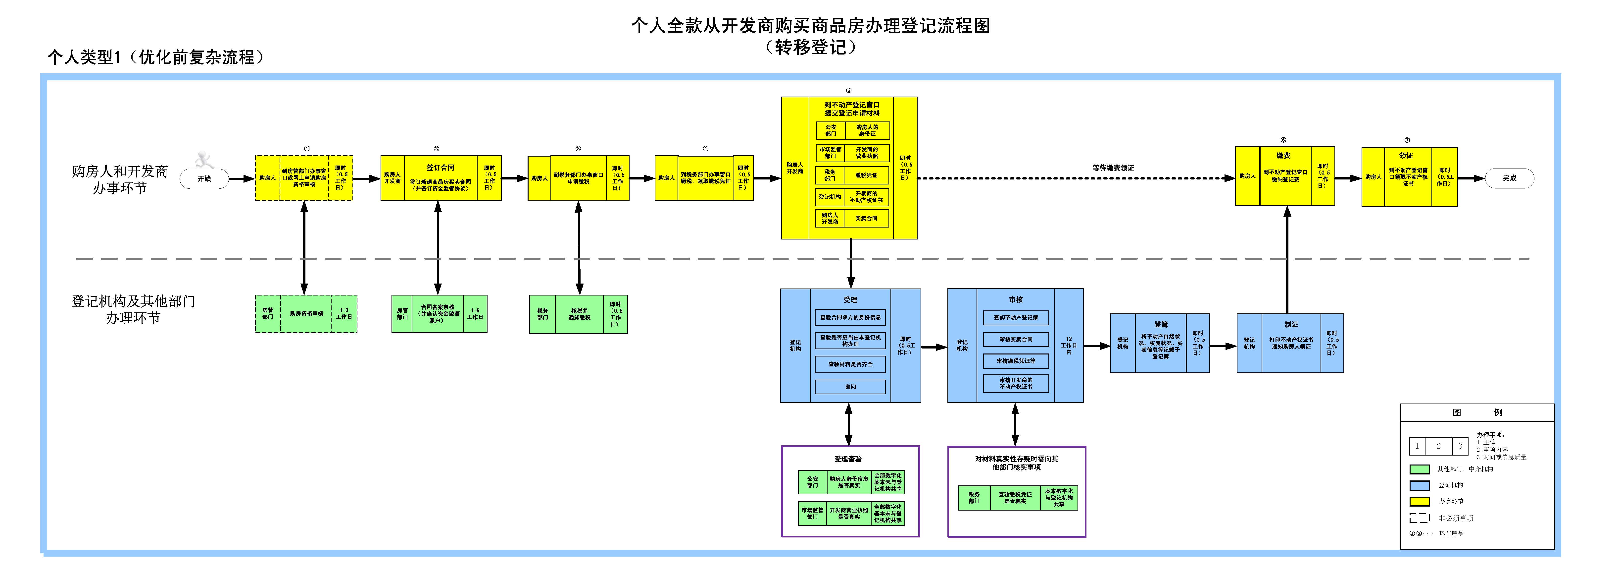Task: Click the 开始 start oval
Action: coord(204,179)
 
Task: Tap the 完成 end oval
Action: coord(1509,178)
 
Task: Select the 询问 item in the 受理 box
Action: coord(850,387)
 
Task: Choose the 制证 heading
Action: coord(1291,324)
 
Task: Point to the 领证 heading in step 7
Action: coord(1406,156)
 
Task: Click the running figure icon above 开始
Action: coord(204,159)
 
